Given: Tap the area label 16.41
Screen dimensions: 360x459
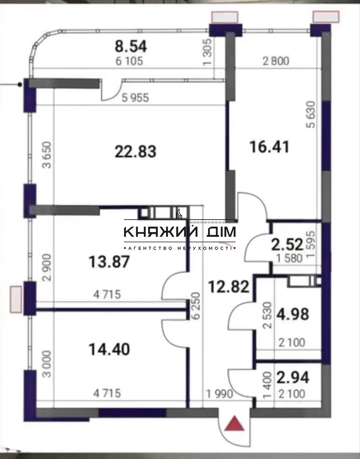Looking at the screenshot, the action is point(269,147).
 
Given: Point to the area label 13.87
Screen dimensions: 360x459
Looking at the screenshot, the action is point(109,262).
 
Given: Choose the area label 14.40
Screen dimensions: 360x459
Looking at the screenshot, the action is point(109,349).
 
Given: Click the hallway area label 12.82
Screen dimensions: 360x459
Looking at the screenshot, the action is point(229,287).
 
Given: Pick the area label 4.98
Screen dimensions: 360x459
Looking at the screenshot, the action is point(293,314).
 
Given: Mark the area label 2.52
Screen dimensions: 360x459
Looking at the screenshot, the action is point(287,245).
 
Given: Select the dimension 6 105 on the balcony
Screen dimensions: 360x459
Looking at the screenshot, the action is point(129,61).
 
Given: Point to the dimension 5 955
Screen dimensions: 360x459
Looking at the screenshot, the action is point(135,98).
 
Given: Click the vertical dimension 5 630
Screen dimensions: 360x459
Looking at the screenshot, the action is point(311,115).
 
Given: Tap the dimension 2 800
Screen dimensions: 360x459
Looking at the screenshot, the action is point(276,61).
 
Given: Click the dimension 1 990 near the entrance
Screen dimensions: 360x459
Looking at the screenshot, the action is point(220,394).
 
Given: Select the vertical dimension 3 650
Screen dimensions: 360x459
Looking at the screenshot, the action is point(47,155).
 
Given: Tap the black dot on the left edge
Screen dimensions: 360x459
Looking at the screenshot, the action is point(20,85).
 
